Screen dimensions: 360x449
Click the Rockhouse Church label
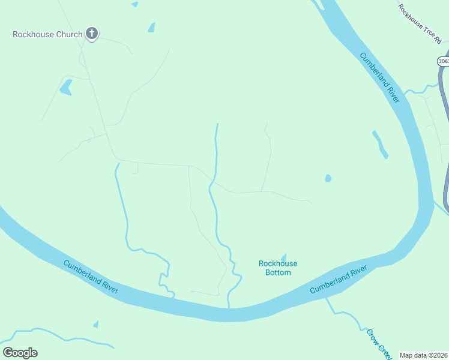pyautogui.click(x=47, y=34)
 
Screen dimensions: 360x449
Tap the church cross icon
pyautogui.click(x=92, y=34)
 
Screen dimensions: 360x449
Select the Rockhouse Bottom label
pyautogui.click(x=278, y=268)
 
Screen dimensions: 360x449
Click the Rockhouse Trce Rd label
pyautogui.click(x=420, y=23)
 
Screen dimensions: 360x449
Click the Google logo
pyautogui.click(x=20, y=353)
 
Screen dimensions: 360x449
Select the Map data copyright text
pyautogui.click(x=424, y=355)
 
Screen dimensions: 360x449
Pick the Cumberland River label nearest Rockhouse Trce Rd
pyautogui.click(x=379, y=77)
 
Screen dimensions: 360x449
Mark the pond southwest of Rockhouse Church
pyautogui.click(x=65, y=88)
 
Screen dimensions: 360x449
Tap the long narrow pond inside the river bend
pyautogui.click(x=380, y=145)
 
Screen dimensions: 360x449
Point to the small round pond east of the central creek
pyautogui.click(x=328, y=178)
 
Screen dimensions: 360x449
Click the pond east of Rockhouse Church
pyautogui.click(x=151, y=27)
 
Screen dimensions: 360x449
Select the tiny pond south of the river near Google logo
pyautogui.click(x=96, y=324)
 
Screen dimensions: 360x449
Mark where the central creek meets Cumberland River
pyautogui.click(x=229, y=306)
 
